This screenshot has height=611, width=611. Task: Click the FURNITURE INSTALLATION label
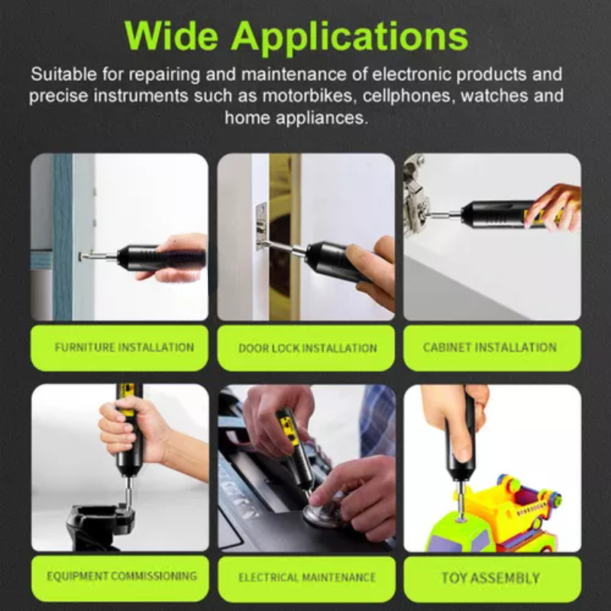[119, 348]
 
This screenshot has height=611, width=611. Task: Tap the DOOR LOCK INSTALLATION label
[307, 348]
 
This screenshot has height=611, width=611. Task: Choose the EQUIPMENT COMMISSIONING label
[121, 576]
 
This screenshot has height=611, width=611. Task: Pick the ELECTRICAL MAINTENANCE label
[307, 577]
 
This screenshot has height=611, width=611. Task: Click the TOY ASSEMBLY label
[490, 577]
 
